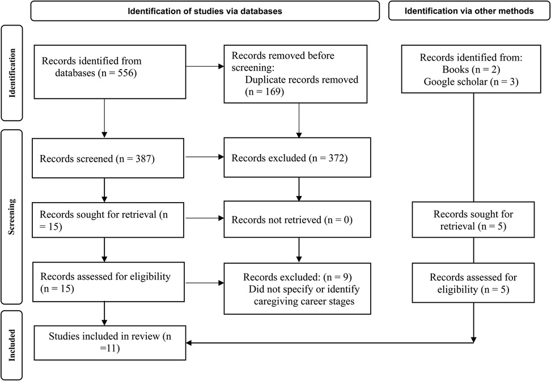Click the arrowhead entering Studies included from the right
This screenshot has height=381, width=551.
click(190, 343)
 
